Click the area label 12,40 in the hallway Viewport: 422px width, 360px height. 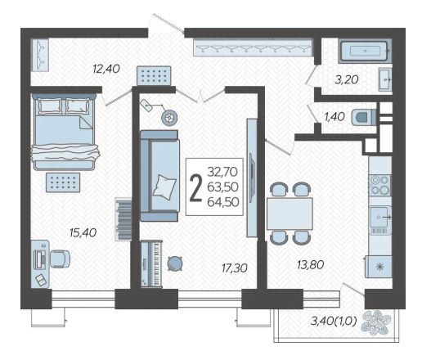point(106,69)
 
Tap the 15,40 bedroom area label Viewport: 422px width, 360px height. point(83,233)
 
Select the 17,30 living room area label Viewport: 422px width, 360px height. point(235,268)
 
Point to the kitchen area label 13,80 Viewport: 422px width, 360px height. point(311,264)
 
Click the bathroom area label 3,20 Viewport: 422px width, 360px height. point(347,80)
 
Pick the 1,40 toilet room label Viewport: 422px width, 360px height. point(334,117)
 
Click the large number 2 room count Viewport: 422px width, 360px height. point(195,188)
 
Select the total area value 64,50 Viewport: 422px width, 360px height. point(223,202)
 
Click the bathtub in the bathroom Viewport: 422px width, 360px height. point(366,51)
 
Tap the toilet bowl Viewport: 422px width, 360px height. point(363,117)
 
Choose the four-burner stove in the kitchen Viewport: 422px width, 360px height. point(379,185)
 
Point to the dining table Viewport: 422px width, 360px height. point(290,214)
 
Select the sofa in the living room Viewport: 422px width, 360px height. point(160,176)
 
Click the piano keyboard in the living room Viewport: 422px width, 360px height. point(151,263)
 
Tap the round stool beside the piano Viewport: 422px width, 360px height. point(175,263)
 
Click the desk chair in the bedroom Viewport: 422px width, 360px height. point(60,259)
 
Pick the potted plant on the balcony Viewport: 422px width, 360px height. point(376,322)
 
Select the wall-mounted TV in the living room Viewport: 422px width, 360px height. point(252,178)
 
